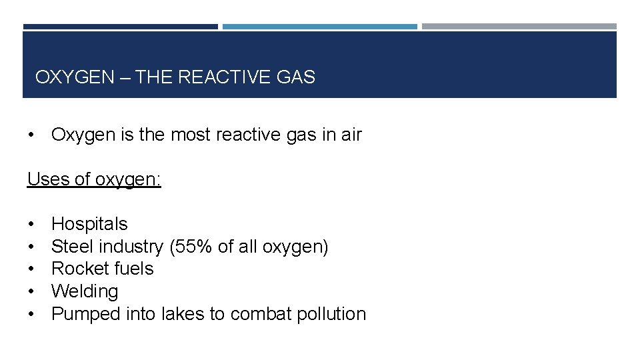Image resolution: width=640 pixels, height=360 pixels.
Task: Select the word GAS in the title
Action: click(295, 77)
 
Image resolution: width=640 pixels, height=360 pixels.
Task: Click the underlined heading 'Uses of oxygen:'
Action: click(94, 179)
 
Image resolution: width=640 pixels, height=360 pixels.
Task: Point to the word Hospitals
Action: click(89, 224)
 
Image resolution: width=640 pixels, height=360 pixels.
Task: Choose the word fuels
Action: click(135, 269)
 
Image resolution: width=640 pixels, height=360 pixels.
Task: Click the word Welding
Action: click(85, 291)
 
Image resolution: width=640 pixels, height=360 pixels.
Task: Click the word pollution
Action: click(331, 314)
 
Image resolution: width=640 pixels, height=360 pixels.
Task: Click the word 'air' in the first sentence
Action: click(351, 135)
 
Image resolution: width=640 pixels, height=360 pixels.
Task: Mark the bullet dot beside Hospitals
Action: click(32, 225)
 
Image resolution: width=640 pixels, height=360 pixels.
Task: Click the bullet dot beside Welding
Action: click(32, 292)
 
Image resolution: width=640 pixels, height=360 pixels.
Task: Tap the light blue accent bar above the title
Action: click(319, 27)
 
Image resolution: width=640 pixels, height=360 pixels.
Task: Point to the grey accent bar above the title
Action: click(519, 27)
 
